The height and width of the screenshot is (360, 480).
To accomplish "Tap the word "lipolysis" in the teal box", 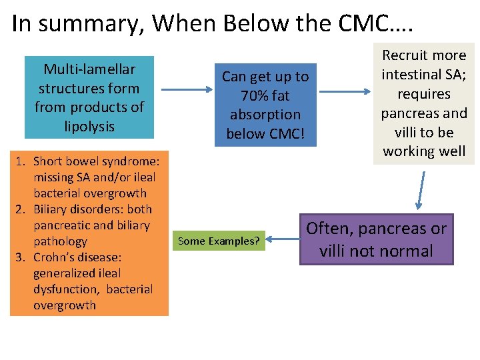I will tap(89, 127).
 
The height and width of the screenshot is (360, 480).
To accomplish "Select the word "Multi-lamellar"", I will tap(89, 69).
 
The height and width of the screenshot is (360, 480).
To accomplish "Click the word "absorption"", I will tap(265, 115).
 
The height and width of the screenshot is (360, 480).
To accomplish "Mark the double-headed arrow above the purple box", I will tap(419, 189).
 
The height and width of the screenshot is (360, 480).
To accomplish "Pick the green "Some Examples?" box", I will tap(219, 241).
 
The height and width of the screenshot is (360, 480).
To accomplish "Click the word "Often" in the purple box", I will tap(330, 229).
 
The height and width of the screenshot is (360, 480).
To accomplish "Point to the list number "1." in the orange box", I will tap(21, 161).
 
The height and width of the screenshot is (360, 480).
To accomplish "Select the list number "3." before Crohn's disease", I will tap(21, 257).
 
